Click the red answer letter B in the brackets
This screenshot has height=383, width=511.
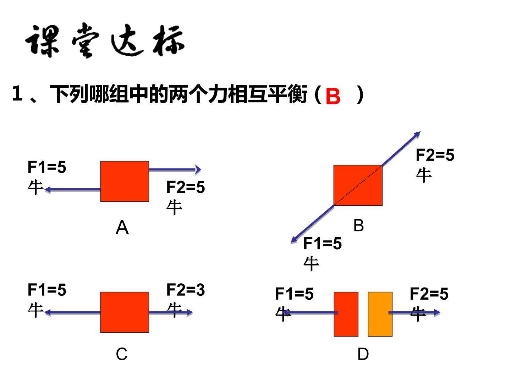(333, 96)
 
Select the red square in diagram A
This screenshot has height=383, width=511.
(125, 181)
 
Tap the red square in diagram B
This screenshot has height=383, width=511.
(358, 185)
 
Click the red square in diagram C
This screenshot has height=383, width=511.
(125, 312)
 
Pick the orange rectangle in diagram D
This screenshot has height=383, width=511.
(380, 314)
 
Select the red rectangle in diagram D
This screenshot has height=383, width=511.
(346, 314)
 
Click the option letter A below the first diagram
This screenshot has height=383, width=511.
(122, 227)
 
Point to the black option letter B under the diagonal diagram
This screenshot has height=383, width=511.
(358, 225)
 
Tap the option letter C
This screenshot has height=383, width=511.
(121, 354)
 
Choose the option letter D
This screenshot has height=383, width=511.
(363, 354)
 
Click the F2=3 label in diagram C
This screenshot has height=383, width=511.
(186, 290)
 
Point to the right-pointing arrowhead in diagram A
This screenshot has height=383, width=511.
(198, 170)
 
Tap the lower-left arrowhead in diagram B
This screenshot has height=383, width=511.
(295, 239)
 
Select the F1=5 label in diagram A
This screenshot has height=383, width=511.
(47, 167)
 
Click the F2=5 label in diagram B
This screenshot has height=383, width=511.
(435, 155)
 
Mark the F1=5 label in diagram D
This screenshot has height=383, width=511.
(294, 294)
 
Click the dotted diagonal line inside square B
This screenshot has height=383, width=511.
(358, 185)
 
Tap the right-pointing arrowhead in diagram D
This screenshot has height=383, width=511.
(437, 312)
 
